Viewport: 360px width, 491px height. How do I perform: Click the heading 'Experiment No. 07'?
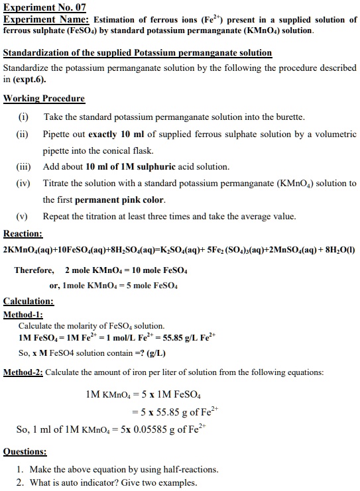click(45, 8)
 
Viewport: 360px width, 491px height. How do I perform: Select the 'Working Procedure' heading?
click(44, 99)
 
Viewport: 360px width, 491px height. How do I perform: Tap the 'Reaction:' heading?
click(23, 234)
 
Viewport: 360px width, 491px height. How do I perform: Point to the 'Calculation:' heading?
click(29, 301)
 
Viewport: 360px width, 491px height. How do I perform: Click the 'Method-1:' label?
click(23, 314)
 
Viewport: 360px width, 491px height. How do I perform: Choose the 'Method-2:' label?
click(23, 372)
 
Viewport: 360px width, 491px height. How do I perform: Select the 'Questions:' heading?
click(25, 452)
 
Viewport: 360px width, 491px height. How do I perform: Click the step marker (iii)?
click(25, 166)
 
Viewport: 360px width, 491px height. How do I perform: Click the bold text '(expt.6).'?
click(29, 80)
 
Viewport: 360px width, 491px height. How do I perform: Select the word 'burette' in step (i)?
click(288, 117)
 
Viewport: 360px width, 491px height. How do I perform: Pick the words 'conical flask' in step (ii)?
click(130, 150)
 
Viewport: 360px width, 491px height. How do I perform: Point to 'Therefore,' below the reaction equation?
click(34, 270)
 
